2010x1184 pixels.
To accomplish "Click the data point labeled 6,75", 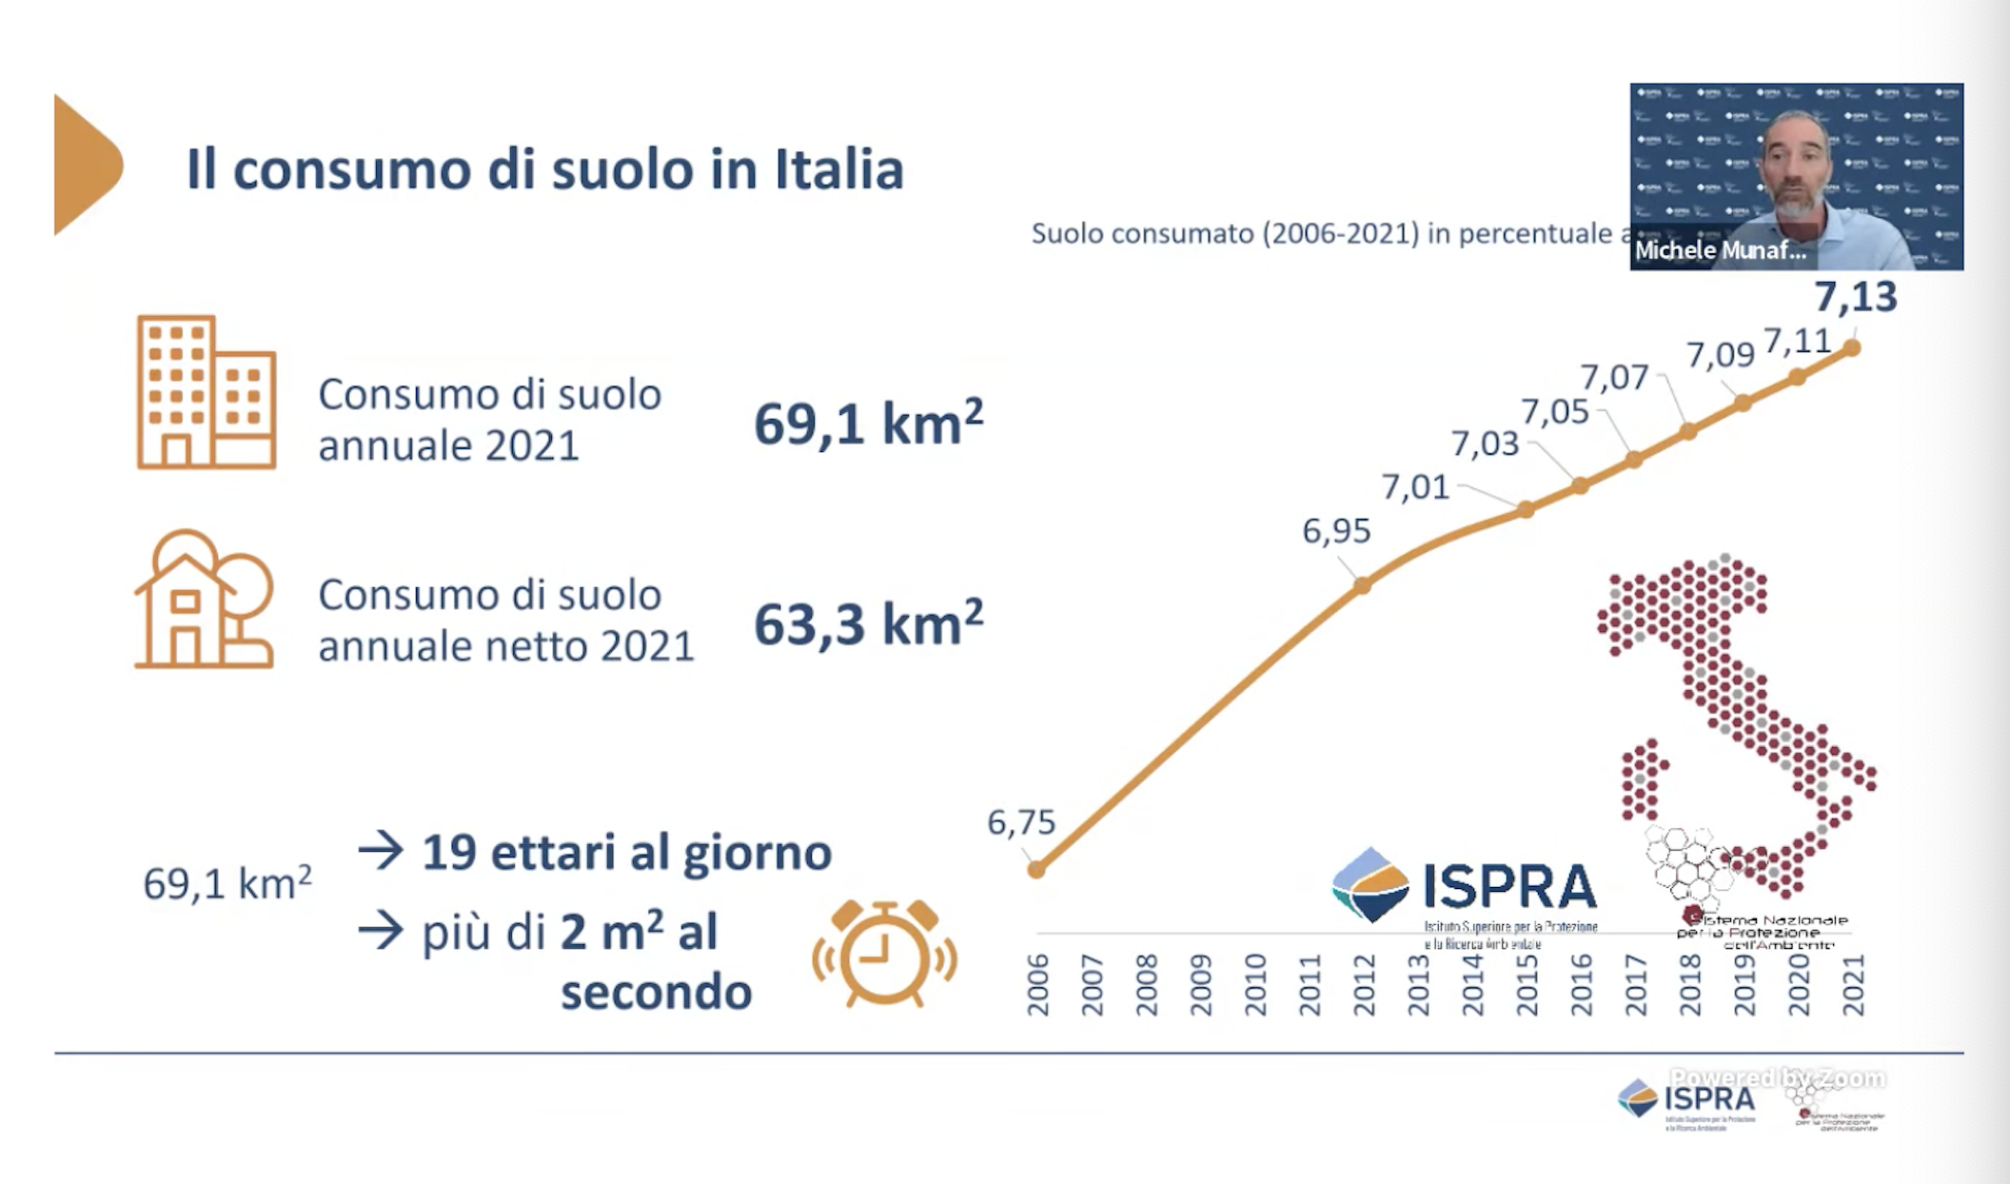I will click(x=1037, y=869).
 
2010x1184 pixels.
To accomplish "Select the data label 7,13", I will click(x=1855, y=297).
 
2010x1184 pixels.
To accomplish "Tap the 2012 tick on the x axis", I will click(x=1364, y=986).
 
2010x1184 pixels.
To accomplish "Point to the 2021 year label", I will click(x=1853, y=986).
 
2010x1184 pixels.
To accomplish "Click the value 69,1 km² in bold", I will click(x=868, y=424).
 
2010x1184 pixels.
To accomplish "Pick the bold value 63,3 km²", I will click(x=868, y=624).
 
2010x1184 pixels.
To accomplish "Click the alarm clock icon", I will click(x=884, y=954).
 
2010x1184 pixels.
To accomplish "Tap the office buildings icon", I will click(x=207, y=392).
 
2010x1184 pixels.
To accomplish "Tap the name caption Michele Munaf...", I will click(x=1720, y=250).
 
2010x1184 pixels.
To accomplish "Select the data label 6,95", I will click(x=1336, y=531).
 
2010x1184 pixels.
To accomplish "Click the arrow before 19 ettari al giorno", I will click(x=381, y=851).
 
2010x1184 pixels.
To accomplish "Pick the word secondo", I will click(x=656, y=993).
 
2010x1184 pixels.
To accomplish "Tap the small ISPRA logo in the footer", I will click(x=1686, y=1100).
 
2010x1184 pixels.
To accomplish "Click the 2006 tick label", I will click(x=1037, y=986).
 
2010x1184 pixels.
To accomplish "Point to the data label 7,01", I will click(x=1415, y=487).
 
